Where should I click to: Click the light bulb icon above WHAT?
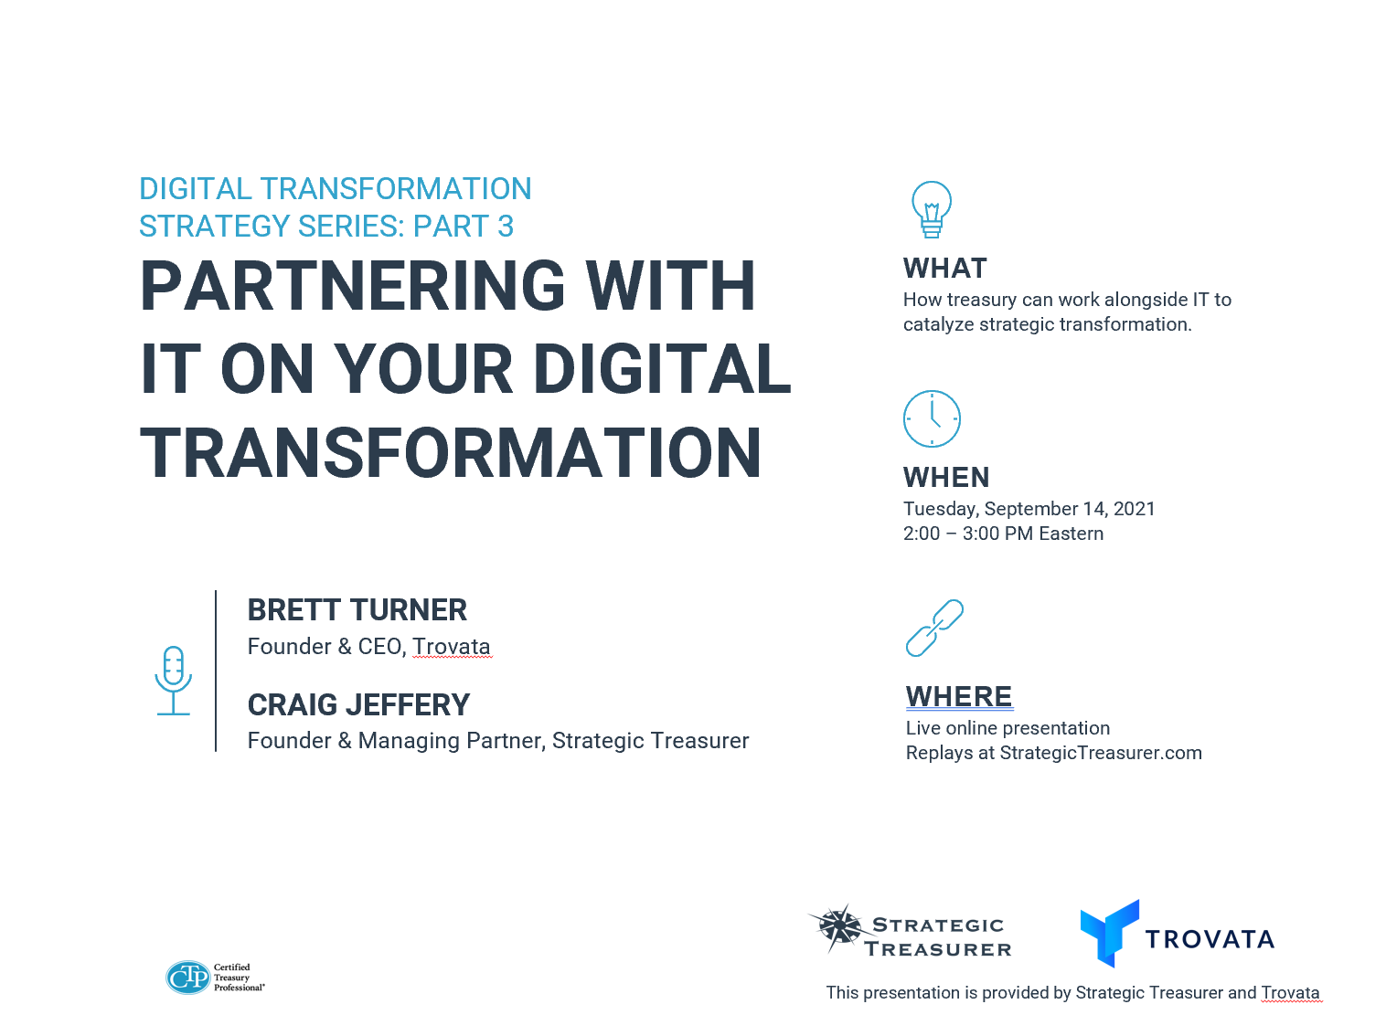pyautogui.click(x=931, y=209)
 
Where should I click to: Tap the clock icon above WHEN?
pyautogui.click(x=932, y=418)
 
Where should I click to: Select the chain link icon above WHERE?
pyautogui.click(x=934, y=627)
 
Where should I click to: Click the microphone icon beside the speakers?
pyautogui.click(x=173, y=680)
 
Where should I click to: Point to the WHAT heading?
pyautogui.click(x=944, y=269)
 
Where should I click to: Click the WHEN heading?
pyautogui.click(x=946, y=477)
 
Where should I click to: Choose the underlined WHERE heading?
pyautogui.click(x=958, y=696)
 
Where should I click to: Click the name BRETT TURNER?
pyautogui.click(x=357, y=610)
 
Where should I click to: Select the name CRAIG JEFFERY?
pyautogui.click(x=358, y=704)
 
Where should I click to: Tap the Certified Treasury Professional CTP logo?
pyautogui.click(x=215, y=978)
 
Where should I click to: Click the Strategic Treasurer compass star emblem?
pyautogui.click(x=837, y=927)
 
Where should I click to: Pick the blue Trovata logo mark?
pyautogui.click(x=1109, y=933)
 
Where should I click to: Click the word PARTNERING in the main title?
pyautogui.click(x=352, y=286)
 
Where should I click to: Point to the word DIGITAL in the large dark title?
pyautogui.click(x=663, y=369)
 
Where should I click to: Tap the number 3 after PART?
pyautogui.click(x=506, y=226)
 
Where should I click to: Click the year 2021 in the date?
pyautogui.click(x=1134, y=509)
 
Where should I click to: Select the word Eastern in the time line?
pyautogui.click(x=1071, y=534)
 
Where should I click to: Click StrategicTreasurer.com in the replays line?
pyautogui.click(x=1101, y=753)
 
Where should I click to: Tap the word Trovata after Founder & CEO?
pyautogui.click(x=452, y=647)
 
